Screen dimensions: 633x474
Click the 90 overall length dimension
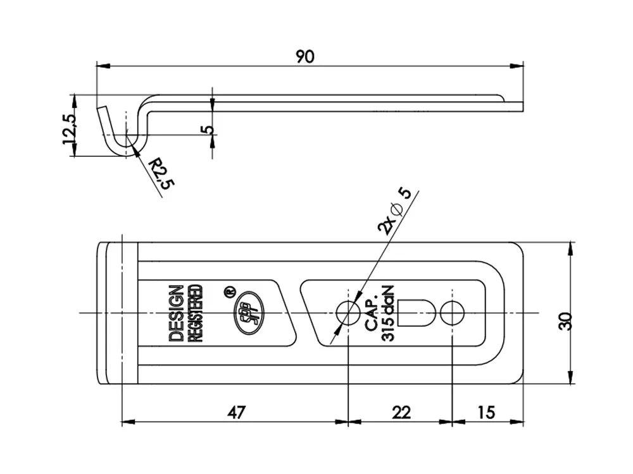pyautogui.click(x=305, y=57)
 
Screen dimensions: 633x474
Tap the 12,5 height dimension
pyautogui.click(x=68, y=129)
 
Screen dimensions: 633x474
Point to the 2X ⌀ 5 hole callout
pyautogui.click(x=395, y=211)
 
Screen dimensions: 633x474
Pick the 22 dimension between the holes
pyautogui.click(x=401, y=412)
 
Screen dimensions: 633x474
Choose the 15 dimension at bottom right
pyautogui.click(x=486, y=412)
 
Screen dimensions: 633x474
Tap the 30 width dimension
pyautogui.click(x=566, y=321)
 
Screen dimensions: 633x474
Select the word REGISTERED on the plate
pyautogui.click(x=196, y=313)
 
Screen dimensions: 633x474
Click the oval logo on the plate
pyautogui.click(x=249, y=313)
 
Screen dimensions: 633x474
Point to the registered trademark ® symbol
pyautogui.click(x=230, y=291)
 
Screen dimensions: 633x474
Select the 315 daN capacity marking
pyautogui.click(x=387, y=313)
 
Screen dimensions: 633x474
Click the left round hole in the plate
pyautogui.click(x=348, y=313)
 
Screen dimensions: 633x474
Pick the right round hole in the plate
pyautogui.click(x=452, y=313)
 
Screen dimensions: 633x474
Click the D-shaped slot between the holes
pyautogui.click(x=417, y=313)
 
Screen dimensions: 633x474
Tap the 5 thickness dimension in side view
pyautogui.click(x=209, y=130)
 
